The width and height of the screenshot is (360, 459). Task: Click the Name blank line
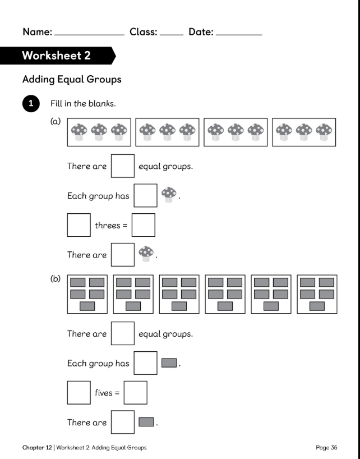(x=90, y=35)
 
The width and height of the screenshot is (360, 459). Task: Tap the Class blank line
(x=172, y=35)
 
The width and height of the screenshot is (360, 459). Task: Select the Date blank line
(x=239, y=35)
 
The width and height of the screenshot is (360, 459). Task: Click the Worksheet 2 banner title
(x=56, y=56)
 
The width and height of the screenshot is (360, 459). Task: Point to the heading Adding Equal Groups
(x=72, y=79)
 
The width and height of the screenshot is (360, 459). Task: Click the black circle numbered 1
(x=31, y=103)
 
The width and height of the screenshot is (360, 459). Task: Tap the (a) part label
(x=56, y=121)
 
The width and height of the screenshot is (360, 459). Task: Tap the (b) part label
(x=56, y=278)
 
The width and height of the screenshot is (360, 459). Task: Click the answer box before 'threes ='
(x=79, y=225)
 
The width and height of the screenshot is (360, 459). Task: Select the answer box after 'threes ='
(x=144, y=225)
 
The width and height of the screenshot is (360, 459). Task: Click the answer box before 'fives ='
(x=79, y=393)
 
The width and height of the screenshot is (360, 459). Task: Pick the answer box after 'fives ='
(x=135, y=393)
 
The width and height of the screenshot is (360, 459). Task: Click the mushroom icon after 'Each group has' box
(x=169, y=195)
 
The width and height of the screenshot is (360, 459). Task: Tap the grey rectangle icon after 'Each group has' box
(x=169, y=363)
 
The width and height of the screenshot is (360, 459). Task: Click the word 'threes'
(x=108, y=226)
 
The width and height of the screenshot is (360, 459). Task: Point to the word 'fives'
(x=104, y=393)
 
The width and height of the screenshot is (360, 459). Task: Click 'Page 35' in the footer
(x=326, y=448)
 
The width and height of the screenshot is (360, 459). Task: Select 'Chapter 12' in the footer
(x=37, y=448)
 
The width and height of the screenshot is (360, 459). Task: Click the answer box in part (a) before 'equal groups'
(x=123, y=166)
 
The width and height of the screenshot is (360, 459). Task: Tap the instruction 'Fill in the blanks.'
(x=83, y=103)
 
